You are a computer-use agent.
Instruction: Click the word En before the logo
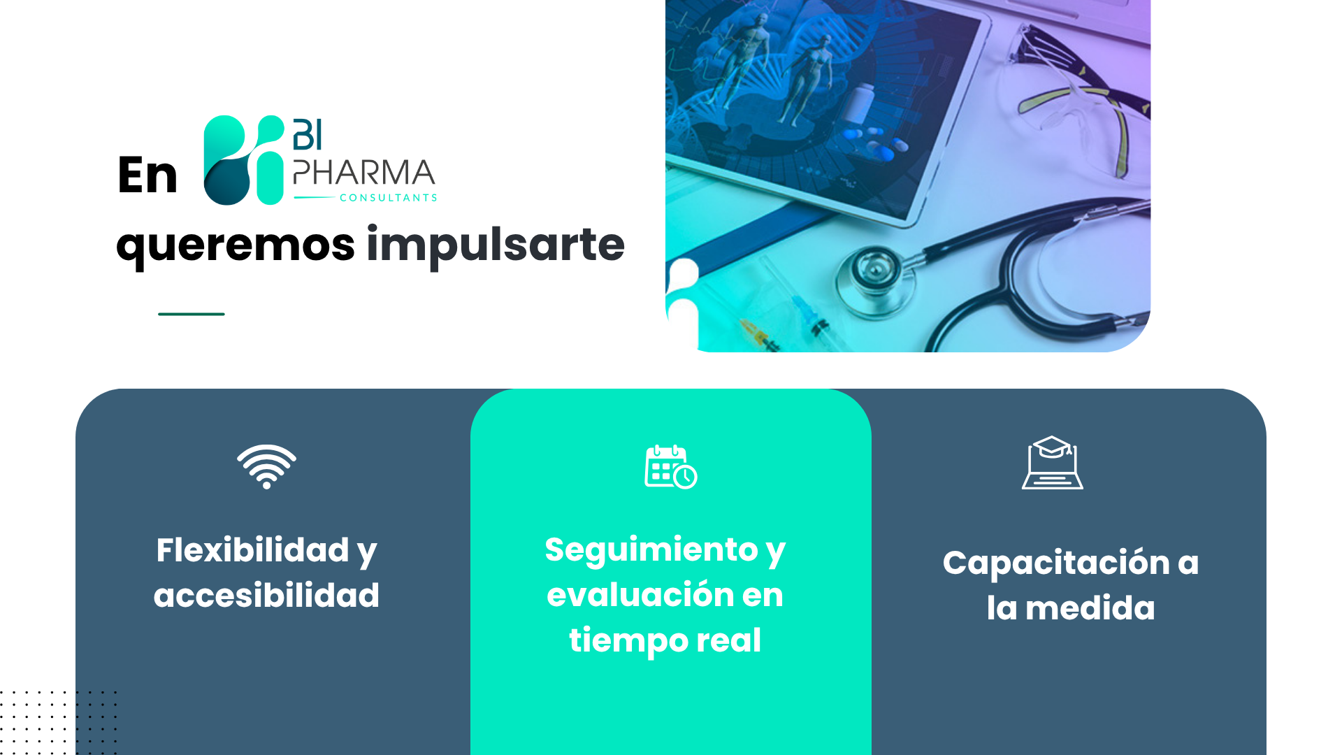[147, 175]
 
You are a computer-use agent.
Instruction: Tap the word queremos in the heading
[236, 246]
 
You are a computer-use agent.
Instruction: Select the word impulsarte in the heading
[496, 245]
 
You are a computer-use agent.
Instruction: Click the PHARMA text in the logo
[364, 173]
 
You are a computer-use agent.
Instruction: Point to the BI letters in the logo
[308, 134]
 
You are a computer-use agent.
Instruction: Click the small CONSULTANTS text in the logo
[389, 198]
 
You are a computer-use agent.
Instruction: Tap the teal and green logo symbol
[244, 160]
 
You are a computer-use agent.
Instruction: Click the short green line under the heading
[192, 314]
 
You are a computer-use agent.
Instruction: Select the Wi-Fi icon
[266, 466]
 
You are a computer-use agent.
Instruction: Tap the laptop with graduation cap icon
[1053, 463]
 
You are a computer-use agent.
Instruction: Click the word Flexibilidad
[252, 550]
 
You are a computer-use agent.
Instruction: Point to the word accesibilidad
[266, 596]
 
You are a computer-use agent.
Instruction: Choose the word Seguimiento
[651, 549]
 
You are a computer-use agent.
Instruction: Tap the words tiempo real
[665, 640]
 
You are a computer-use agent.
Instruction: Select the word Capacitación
[1056, 563]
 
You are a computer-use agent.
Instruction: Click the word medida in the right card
[1090, 608]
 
